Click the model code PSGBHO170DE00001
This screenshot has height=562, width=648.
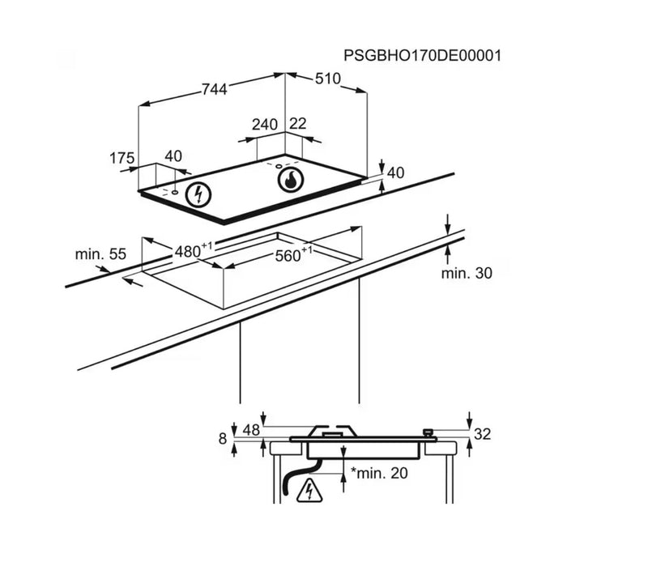pyautogui.click(x=422, y=55)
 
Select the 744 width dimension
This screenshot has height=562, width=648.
pyautogui.click(x=215, y=89)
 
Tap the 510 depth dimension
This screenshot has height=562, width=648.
pyautogui.click(x=328, y=79)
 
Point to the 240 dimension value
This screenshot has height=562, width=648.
pyautogui.click(x=265, y=125)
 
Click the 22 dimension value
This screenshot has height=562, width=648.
pyautogui.click(x=298, y=124)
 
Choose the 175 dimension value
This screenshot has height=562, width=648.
pyautogui.click(x=122, y=158)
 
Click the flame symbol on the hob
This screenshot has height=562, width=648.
pyautogui.click(x=291, y=180)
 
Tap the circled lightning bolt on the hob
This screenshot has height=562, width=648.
pyautogui.click(x=198, y=194)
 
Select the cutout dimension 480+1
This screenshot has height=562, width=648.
pyautogui.click(x=193, y=250)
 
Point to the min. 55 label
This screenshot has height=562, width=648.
pyautogui.click(x=100, y=253)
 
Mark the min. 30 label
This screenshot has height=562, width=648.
pyautogui.click(x=467, y=273)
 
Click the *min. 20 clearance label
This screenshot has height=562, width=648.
pyautogui.click(x=379, y=473)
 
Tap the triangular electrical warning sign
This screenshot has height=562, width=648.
pyautogui.click(x=309, y=491)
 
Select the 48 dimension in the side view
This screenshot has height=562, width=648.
pyautogui.click(x=251, y=430)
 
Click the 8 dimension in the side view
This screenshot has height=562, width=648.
pyautogui.click(x=223, y=438)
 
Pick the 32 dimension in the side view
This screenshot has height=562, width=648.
pyautogui.click(x=482, y=434)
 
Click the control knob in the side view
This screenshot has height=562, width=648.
pyautogui.click(x=428, y=432)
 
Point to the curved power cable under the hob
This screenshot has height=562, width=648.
pyautogui.click(x=299, y=476)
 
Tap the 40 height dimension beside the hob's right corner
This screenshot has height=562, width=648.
pyautogui.click(x=395, y=172)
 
